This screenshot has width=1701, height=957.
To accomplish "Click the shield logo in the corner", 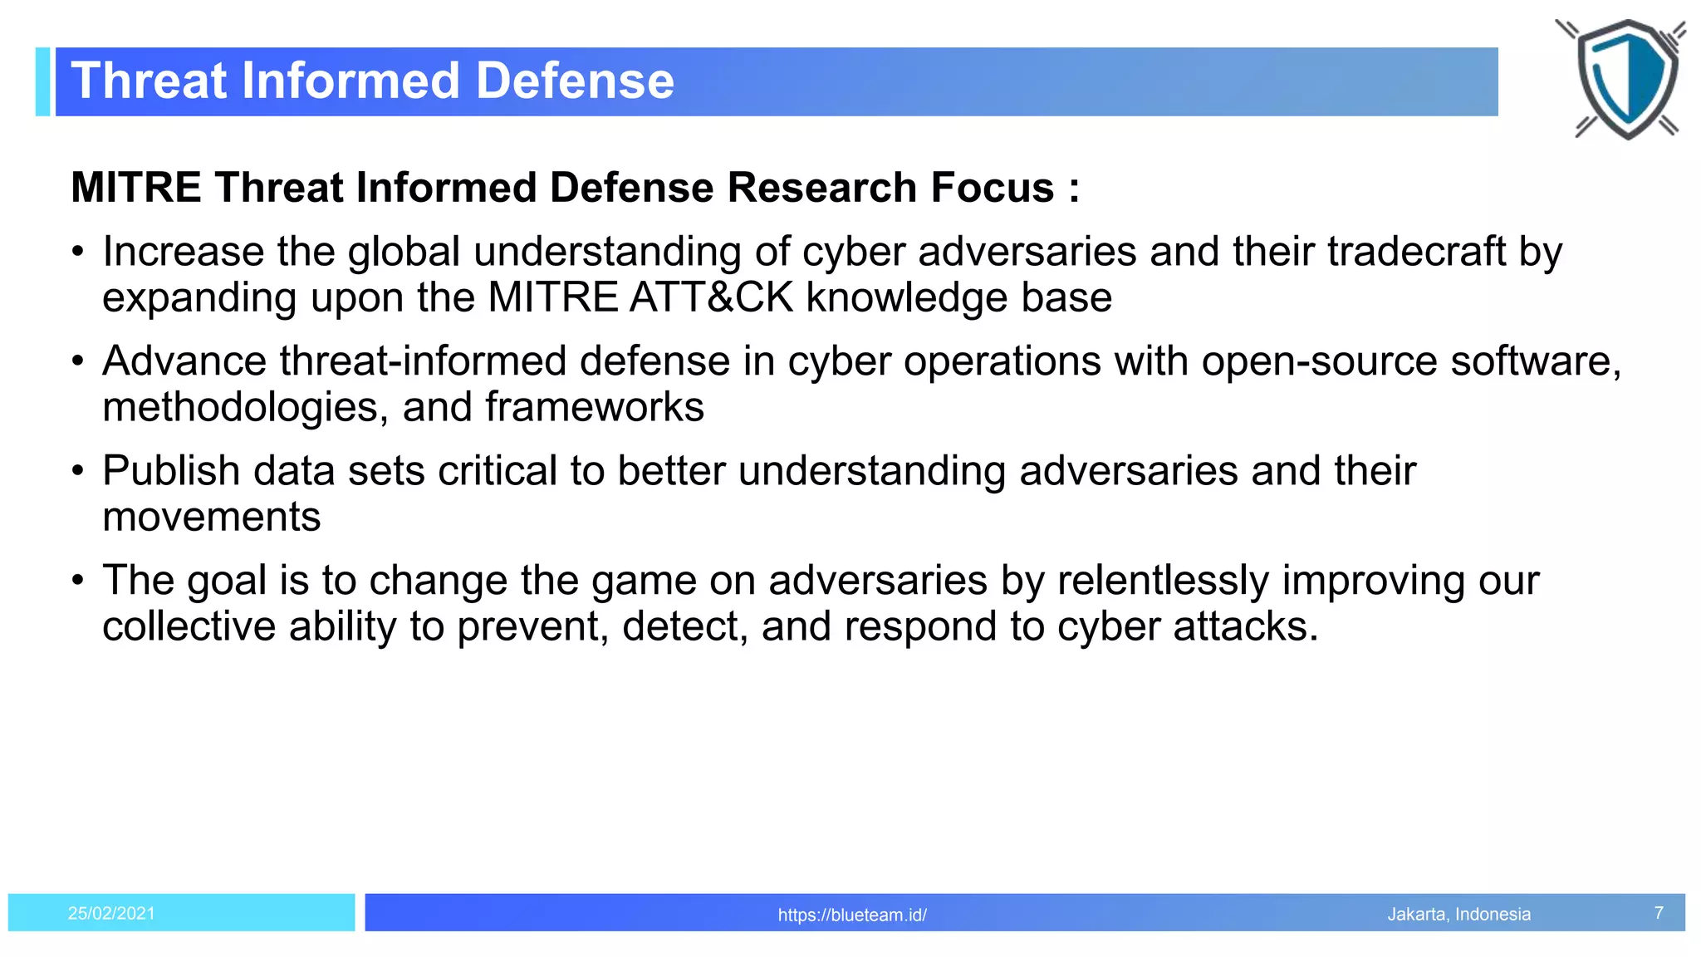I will pyautogui.click(x=1625, y=79).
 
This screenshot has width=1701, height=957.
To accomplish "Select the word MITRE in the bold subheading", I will pyautogui.click(x=135, y=187).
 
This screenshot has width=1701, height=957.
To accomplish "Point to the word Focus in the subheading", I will pyautogui.click(x=992, y=187).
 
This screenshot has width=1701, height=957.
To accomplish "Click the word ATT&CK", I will pyautogui.click(x=711, y=297).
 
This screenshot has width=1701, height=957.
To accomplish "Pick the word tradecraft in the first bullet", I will pyautogui.click(x=1416, y=251).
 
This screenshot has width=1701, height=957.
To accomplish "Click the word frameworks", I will pyautogui.click(x=594, y=407).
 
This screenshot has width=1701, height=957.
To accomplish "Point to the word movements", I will pyautogui.click(x=211, y=517).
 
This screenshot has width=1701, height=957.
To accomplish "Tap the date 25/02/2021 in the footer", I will pyautogui.click(x=111, y=913).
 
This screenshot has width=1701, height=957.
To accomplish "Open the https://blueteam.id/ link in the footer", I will pyautogui.click(x=852, y=915).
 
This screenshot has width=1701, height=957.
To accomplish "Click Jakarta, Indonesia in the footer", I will pyautogui.click(x=1458, y=914).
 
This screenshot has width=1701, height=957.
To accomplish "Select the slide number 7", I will pyautogui.click(x=1659, y=913).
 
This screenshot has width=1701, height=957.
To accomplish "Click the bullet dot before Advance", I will pyautogui.click(x=77, y=362).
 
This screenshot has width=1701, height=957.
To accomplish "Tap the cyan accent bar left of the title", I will pyautogui.click(x=43, y=81).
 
